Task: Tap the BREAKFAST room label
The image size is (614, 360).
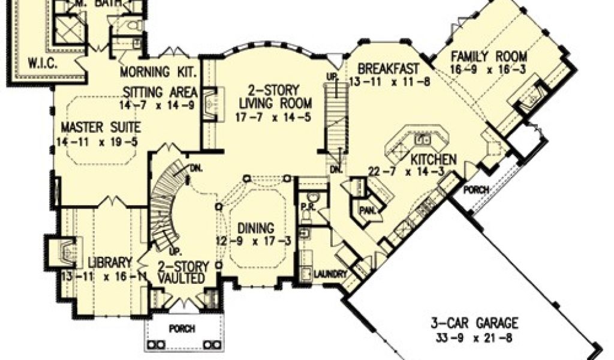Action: [384, 67]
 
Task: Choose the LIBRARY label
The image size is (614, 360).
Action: [110, 262]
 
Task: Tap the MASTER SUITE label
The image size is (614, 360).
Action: [101, 127]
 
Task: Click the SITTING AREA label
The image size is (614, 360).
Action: [160, 92]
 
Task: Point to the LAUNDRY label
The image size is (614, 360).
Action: [329, 275]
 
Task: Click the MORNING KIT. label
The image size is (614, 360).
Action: [159, 73]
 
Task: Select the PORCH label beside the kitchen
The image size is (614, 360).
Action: [477, 190]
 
